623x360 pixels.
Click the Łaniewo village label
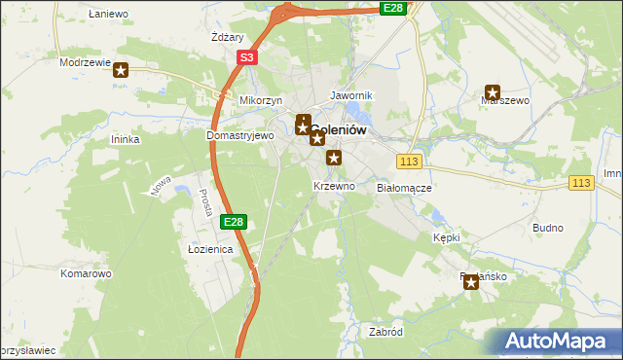[x=108, y=15]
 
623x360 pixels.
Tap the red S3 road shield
[x=247, y=58]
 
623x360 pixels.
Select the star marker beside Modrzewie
[x=121, y=70]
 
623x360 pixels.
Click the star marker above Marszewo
[x=493, y=92]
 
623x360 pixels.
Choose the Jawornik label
[x=351, y=96]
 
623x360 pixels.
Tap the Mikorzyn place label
[x=260, y=101]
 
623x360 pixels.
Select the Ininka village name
[x=127, y=140]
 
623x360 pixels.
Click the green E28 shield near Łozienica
[x=233, y=222]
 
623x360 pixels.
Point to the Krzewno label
[x=334, y=186]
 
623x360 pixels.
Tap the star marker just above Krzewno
[x=334, y=158]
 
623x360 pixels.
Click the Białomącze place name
[x=404, y=188]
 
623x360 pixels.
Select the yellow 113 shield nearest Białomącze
[x=409, y=161]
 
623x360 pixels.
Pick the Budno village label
[x=548, y=228]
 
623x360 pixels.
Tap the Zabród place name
[x=385, y=332]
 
